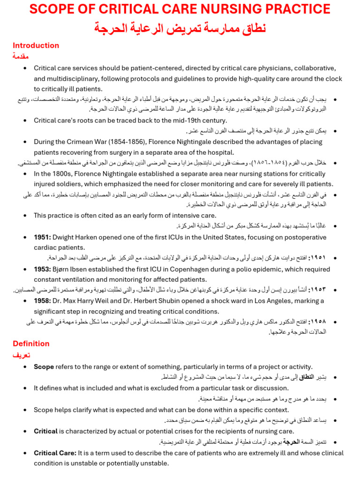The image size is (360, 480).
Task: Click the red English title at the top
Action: (x=180, y=9)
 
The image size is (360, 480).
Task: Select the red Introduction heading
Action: (x=36, y=45)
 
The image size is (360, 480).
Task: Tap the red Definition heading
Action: (x=31, y=344)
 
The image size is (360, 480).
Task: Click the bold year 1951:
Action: (x=42, y=238)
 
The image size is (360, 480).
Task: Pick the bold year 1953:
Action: (x=42, y=269)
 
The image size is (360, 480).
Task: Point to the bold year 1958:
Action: (x=42, y=301)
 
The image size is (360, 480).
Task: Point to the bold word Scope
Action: (x=44, y=367)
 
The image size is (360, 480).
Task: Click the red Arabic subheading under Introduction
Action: (x=21, y=56)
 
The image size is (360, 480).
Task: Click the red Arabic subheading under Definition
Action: (x=21, y=355)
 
